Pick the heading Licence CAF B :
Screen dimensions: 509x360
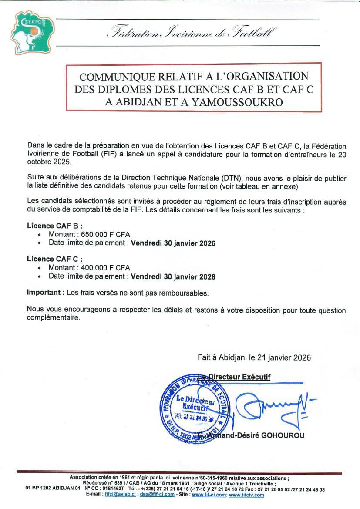click(x=54, y=226)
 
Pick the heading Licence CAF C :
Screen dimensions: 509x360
click(x=54, y=259)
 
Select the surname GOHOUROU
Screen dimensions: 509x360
click(x=283, y=435)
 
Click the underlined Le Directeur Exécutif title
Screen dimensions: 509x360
click(x=234, y=377)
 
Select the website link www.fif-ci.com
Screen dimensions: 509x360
click(x=209, y=495)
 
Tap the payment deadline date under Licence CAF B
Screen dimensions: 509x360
click(x=173, y=243)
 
